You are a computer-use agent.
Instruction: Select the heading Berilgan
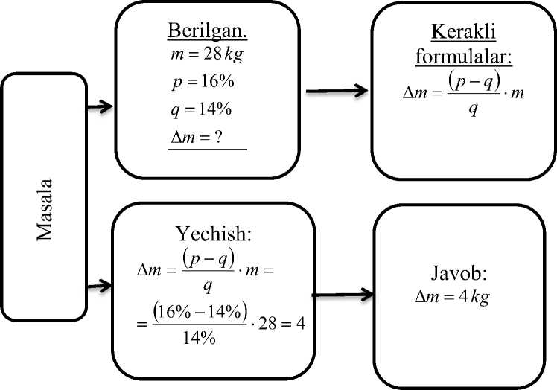coord(206,34)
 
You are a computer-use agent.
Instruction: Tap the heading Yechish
coord(215,234)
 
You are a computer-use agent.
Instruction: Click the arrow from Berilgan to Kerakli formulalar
coord(337,91)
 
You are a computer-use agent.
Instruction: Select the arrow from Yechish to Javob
coord(341,295)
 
